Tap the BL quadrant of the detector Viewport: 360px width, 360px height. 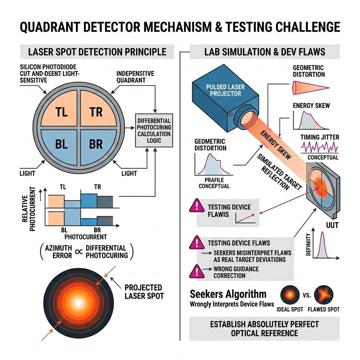pos(61,144)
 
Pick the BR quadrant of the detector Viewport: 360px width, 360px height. pos(96,144)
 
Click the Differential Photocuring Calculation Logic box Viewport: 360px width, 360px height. pos(154,130)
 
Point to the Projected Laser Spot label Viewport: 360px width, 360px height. pos(144,292)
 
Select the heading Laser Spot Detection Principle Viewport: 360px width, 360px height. pos(97,52)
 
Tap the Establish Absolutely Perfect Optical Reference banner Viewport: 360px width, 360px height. pos(264,328)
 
